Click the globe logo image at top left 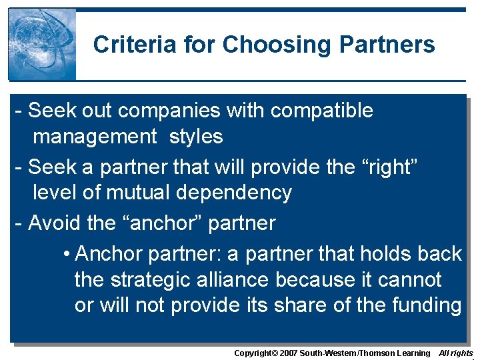42,45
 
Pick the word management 95,137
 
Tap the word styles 196,137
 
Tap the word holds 384,254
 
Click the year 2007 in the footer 288,353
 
